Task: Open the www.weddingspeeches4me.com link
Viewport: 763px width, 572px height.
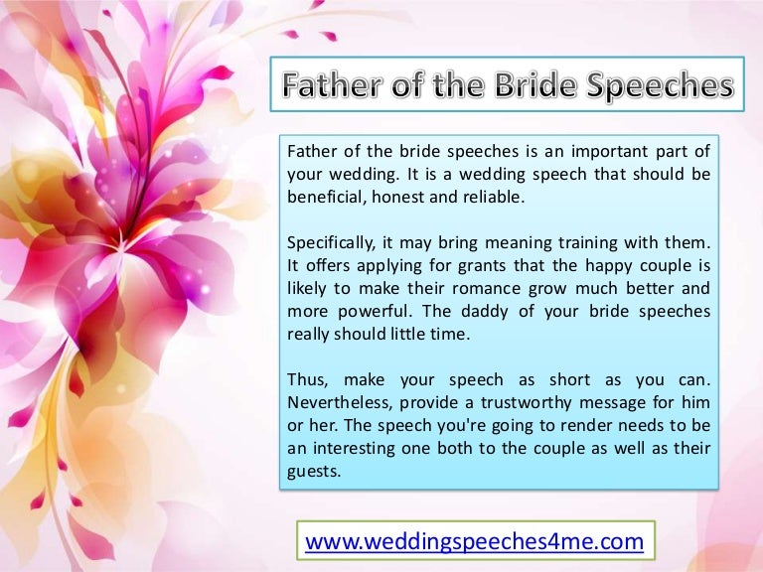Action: coord(475,541)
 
